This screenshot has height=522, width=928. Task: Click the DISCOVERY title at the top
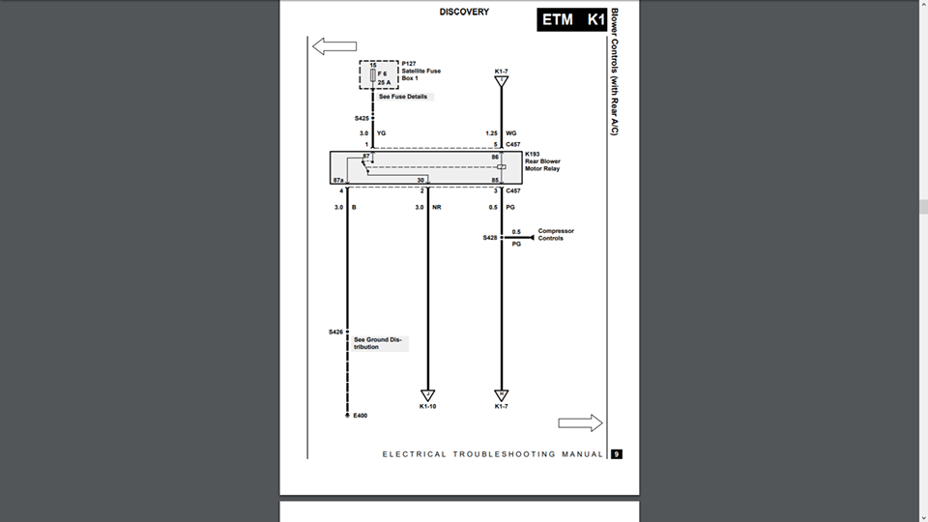464,13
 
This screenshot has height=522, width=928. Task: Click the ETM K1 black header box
573,19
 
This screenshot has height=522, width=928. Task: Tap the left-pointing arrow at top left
334,46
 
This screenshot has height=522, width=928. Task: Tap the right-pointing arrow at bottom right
580,423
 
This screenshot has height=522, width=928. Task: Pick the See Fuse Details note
403,97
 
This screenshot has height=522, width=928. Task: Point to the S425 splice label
362,119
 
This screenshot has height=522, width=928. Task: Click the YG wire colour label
381,132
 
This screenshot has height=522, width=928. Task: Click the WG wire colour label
510,132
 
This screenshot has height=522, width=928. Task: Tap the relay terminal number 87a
338,180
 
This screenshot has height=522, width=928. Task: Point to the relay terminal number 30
420,180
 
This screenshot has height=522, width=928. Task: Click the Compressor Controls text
556,235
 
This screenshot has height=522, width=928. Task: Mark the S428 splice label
490,238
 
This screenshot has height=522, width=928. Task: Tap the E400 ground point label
361,416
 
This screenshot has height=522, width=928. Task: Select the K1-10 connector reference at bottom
428,407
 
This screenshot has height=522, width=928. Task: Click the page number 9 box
616,454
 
